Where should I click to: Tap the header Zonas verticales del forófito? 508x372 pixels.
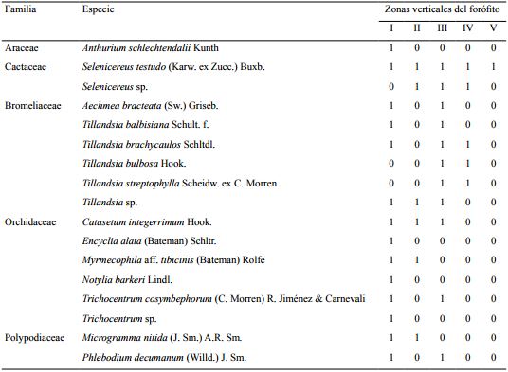click(x=441, y=9)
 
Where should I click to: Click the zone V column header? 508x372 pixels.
click(x=493, y=27)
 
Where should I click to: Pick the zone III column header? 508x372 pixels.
click(x=442, y=27)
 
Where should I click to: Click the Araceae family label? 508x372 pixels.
click(x=23, y=46)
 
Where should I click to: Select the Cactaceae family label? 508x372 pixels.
click(x=27, y=66)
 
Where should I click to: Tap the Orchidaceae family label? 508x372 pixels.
click(x=31, y=221)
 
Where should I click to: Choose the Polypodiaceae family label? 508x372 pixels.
click(x=34, y=338)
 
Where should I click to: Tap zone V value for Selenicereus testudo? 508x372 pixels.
click(x=493, y=66)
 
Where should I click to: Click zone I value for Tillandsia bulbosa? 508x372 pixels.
click(x=391, y=164)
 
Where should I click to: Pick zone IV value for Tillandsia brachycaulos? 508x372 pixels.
click(x=467, y=144)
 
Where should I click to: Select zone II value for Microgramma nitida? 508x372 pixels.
click(x=416, y=338)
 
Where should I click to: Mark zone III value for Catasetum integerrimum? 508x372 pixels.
click(x=442, y=221)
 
